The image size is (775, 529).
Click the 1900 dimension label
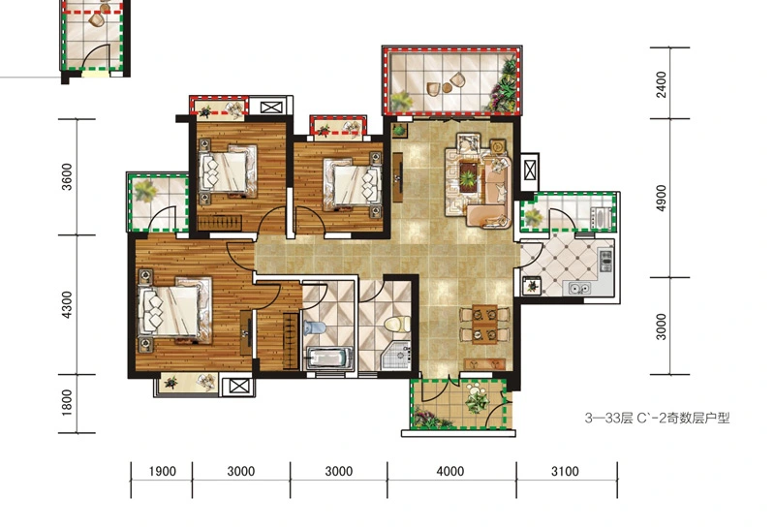click(162, 471)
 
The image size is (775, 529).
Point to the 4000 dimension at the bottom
click(449, 471)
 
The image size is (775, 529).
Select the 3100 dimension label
click(565, 471)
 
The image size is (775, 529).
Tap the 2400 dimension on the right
click(662, 84)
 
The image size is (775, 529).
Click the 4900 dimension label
click(662, 198)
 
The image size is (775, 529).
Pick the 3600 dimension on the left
click(66, 177)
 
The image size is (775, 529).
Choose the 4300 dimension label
click(66, 304)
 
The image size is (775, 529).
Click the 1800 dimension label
click(66, 402)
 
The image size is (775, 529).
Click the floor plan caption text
click(657, 419)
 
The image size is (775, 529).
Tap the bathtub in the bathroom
click(328, 358)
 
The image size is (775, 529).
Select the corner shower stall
click(396, 355)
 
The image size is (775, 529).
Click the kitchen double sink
click(578, 287)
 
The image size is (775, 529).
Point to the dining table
click(484, 325)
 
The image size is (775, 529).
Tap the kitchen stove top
click(605, 261)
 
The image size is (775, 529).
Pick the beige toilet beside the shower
click(397, 324)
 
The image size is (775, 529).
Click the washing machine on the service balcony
click(601, 218)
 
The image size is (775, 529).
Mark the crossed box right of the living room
click(529, 171)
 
